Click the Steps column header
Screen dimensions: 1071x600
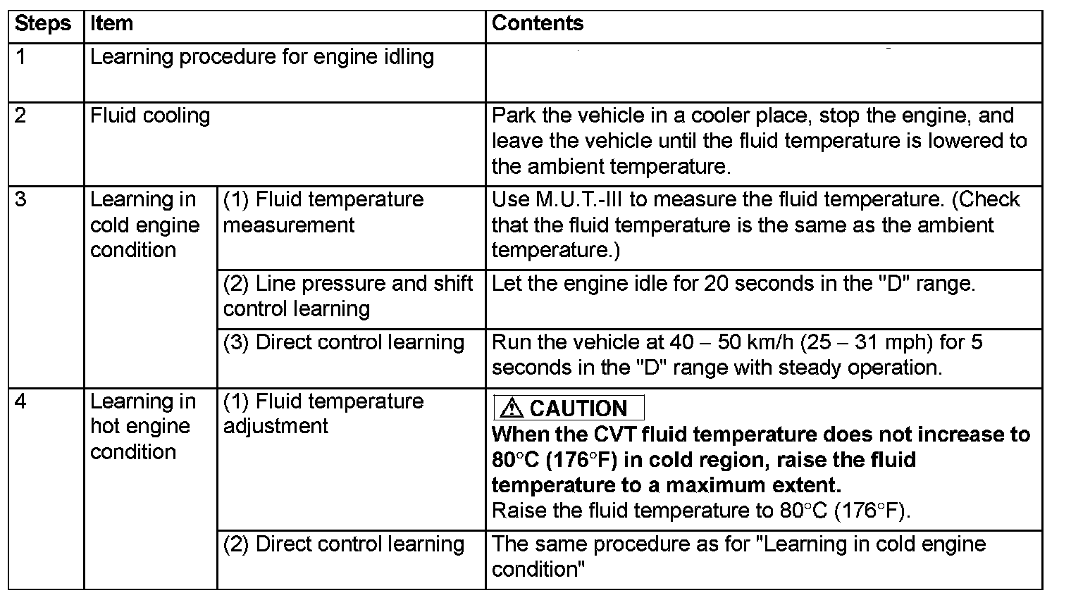click(43, 24)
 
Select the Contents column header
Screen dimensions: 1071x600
click(538, 24)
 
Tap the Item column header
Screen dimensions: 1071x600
click(111, 24)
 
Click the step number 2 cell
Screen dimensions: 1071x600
click(21, 116)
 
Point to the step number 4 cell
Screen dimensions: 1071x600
click(21, 401)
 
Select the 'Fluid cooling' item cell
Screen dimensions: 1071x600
click(150, 116)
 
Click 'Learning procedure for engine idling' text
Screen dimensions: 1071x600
click(262, 57)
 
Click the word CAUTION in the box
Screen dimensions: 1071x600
click(578, 408)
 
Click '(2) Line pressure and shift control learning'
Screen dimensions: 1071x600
click(348, 296)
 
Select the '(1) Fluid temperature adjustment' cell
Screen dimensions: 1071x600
click(323, 413)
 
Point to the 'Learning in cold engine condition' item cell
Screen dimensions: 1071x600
click(144, 225)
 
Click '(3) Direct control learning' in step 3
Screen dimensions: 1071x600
click(344, 343)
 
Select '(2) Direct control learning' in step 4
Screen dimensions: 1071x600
click(344, 544)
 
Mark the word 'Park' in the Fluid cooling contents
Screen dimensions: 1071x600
click(513, 116)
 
